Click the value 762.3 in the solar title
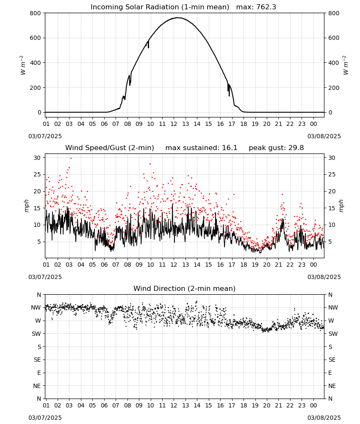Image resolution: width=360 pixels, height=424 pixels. (266, 7)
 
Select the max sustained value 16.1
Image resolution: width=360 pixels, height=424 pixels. (230, 148)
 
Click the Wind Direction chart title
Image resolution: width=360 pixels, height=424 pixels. (185, 288)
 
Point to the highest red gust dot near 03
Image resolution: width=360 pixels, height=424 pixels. (71, 158)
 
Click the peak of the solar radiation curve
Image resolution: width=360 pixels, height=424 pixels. (178, 17)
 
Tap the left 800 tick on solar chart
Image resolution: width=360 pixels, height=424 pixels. (36, 13)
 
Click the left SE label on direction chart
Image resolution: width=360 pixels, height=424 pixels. (37, 360)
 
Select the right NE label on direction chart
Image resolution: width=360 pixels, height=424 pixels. (332, 386)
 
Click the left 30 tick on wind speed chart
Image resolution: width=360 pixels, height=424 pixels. (37, 158)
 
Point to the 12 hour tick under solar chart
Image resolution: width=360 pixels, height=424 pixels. (174, 124)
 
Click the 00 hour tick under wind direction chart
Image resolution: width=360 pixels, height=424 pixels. (313, 405)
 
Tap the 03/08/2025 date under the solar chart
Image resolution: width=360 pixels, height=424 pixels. (324, 136)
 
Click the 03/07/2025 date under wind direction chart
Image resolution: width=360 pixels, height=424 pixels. (45, 418)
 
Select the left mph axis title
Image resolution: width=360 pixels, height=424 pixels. (26, 206)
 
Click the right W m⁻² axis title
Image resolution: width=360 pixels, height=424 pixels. (346, 65)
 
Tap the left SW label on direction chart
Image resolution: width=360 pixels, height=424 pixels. (36, 334)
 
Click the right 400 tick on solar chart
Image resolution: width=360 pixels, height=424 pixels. (334, 63)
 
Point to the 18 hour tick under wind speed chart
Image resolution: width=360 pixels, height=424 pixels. (244, 265)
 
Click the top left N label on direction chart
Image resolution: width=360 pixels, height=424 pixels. (39, 295)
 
